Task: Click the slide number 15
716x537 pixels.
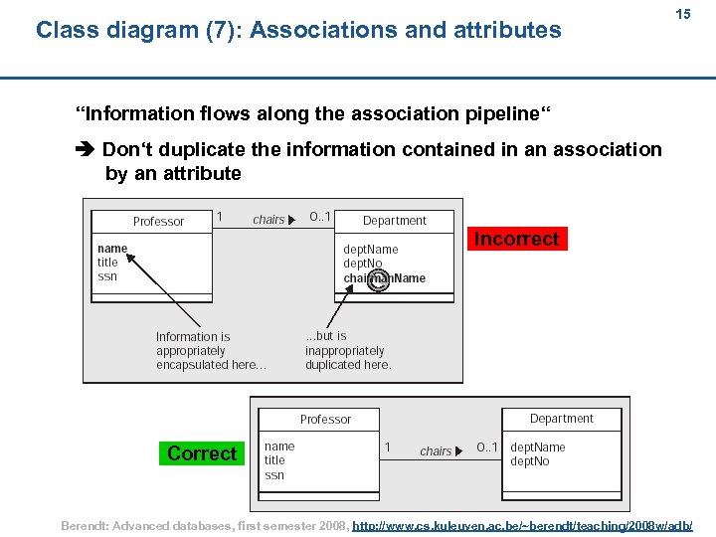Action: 683,15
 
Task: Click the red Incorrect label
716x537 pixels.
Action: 516,239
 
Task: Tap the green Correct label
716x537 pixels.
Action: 202,453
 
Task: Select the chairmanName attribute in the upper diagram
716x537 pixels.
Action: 384,278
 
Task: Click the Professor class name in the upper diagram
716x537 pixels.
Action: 158,222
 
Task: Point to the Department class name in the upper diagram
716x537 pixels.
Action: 394,221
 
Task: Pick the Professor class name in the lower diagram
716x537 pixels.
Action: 325,420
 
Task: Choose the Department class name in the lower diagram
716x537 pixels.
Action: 561,419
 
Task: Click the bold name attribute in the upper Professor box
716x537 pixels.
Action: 112,249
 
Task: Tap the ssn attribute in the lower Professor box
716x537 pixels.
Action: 274,475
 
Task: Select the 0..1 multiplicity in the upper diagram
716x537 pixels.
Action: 320,217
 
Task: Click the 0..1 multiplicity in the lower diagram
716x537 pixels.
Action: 487,447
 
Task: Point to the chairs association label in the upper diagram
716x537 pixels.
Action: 268,220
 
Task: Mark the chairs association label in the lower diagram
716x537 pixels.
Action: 436,451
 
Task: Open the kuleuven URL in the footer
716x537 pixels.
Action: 523,524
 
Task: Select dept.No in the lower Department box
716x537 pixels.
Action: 529,461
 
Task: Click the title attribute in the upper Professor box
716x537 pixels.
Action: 107,263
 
